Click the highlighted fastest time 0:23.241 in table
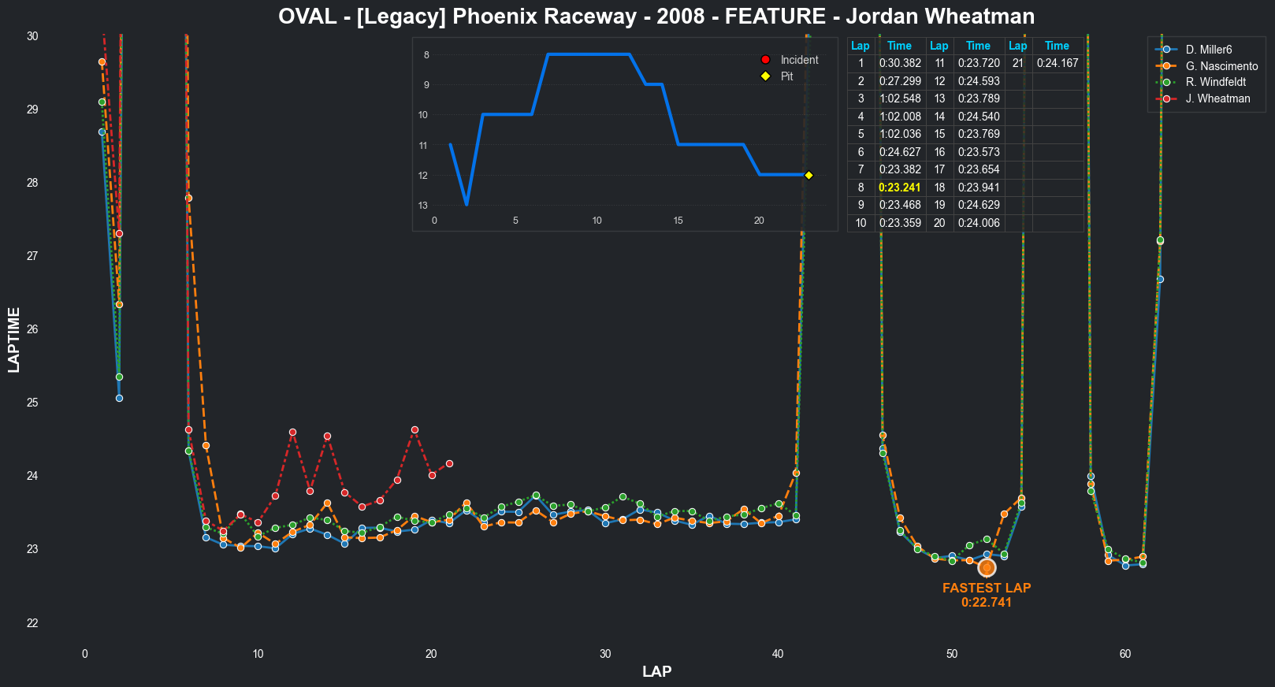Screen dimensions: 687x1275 pyautogui.click(x=899, y=188)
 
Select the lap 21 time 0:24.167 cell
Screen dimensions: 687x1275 pyautogui.click(x=1057, y=63)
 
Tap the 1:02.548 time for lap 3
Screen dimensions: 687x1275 pyautogui.click(x=899, y=98)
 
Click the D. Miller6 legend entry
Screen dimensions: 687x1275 pyautogui.click(x=1208, y=50)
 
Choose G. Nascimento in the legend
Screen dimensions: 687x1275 pyautogui.click(x=1221, y=66)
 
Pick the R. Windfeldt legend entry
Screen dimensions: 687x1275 pyautogui.click(x=1215, y=82)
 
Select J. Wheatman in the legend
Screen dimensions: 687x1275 pyautogui.click(x=1217, y=98)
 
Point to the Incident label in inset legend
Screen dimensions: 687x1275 pyautogui.click(x=799, y=60)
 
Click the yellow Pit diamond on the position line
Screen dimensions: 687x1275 pyautogui.click(x=808, y=175)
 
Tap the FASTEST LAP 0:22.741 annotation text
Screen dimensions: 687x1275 pyautogui.click(x=987, y=595)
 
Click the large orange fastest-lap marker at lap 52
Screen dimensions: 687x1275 pyautogui.click(x=987, y=567)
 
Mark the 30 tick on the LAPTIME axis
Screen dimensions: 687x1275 pyautogui.click(x=32, y=36)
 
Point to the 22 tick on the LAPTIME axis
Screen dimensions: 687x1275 pyautogui.click(x=32, y=623)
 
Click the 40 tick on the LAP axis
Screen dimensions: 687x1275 pyautogui.click(x=779, y=654)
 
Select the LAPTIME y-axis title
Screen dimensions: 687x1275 pyautogui.click(x=14, y=340)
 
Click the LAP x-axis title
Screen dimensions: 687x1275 pyautogui.click(x=656, y=672)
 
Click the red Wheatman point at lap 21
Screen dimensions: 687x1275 pyautogui.click(x=449, y=463)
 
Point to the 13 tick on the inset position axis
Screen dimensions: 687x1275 pyautogui.click(x=424, y=206)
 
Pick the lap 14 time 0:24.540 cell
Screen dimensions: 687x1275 pyautogui.click(x=978, y=117)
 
